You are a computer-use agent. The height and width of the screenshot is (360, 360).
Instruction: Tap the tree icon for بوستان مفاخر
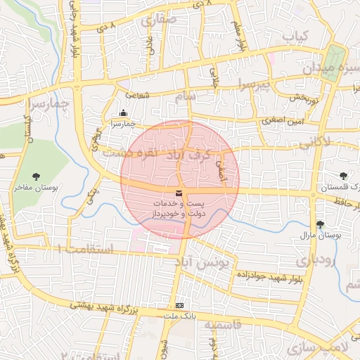pos(37,176)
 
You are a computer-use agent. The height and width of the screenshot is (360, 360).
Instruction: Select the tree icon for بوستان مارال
pos(321,224)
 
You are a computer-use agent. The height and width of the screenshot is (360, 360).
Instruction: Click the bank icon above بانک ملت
pos(180,306)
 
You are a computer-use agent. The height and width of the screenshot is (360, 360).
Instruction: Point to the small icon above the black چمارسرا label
pos(124,113)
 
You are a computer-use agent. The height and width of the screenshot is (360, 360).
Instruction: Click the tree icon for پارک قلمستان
pos(343,176)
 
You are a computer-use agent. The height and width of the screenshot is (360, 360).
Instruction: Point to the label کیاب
pos(295,35)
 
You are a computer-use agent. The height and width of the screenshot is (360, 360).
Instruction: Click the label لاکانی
pos(314,144)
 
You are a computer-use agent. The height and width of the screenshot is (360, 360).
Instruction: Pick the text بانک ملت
pos(179,317)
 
